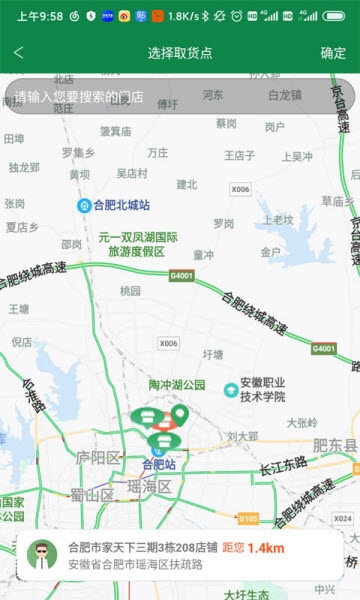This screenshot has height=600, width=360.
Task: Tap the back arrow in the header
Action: [19, 53]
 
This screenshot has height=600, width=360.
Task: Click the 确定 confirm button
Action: [333, 53]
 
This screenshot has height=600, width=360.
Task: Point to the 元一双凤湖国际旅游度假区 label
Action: [137, 245]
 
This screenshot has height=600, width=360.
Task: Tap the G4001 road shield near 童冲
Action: [182, 276]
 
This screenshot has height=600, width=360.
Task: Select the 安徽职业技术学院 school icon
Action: [231, 388]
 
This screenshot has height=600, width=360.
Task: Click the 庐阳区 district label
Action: [98, 457]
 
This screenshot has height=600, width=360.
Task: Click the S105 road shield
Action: [248, 518]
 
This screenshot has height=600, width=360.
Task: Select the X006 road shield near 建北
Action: [240, 189]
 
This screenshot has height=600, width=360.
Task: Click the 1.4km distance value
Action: [266, 548]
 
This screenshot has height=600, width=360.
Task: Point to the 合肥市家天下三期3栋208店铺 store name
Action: [142, 548]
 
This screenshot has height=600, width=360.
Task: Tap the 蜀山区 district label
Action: [91, 495]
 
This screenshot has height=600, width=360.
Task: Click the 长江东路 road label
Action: [282, 468]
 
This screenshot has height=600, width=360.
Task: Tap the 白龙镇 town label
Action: [284, 95]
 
